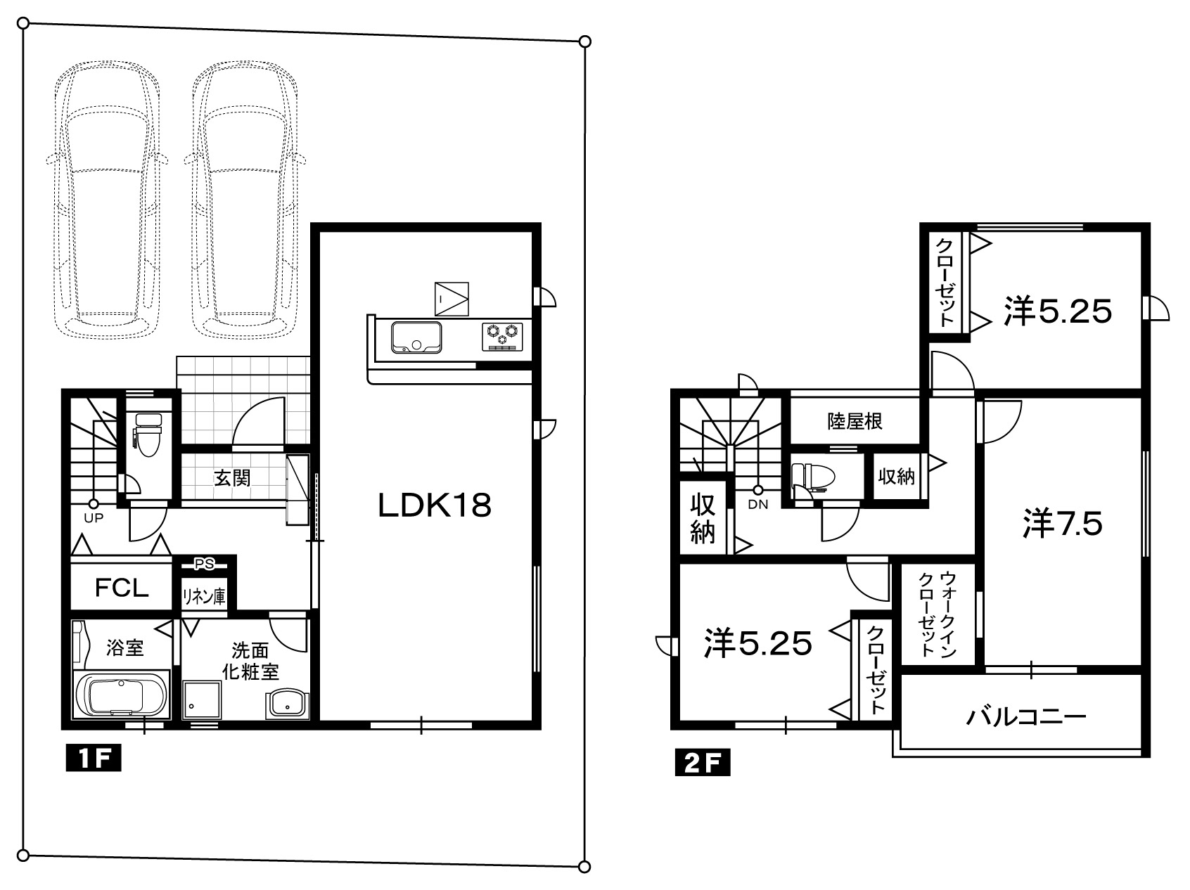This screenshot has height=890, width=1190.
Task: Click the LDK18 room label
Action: click(x=434, y=505)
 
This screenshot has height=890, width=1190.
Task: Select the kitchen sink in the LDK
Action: click(x=416, y=337)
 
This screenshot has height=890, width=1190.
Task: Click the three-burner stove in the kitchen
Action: click(x=503, y=335)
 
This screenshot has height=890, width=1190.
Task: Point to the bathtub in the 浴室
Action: click(x=121, y=696)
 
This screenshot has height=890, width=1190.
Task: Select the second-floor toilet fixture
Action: click(x=813, y=476)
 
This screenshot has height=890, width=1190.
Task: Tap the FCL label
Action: click(x=122, y=588)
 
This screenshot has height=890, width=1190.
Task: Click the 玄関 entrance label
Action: click(x=232, y=478)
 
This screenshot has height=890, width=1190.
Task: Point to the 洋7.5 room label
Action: click(x=1062, y=524)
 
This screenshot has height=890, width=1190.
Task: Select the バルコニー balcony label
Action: click(x=1026, y=717)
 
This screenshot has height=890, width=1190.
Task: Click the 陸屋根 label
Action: click(x=855, y=421)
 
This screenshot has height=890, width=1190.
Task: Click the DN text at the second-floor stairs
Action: click(x=757, y=504)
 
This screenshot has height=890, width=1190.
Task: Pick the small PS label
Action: click(x=205, y=563)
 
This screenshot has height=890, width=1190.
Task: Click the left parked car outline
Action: click(x=107, y=200)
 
